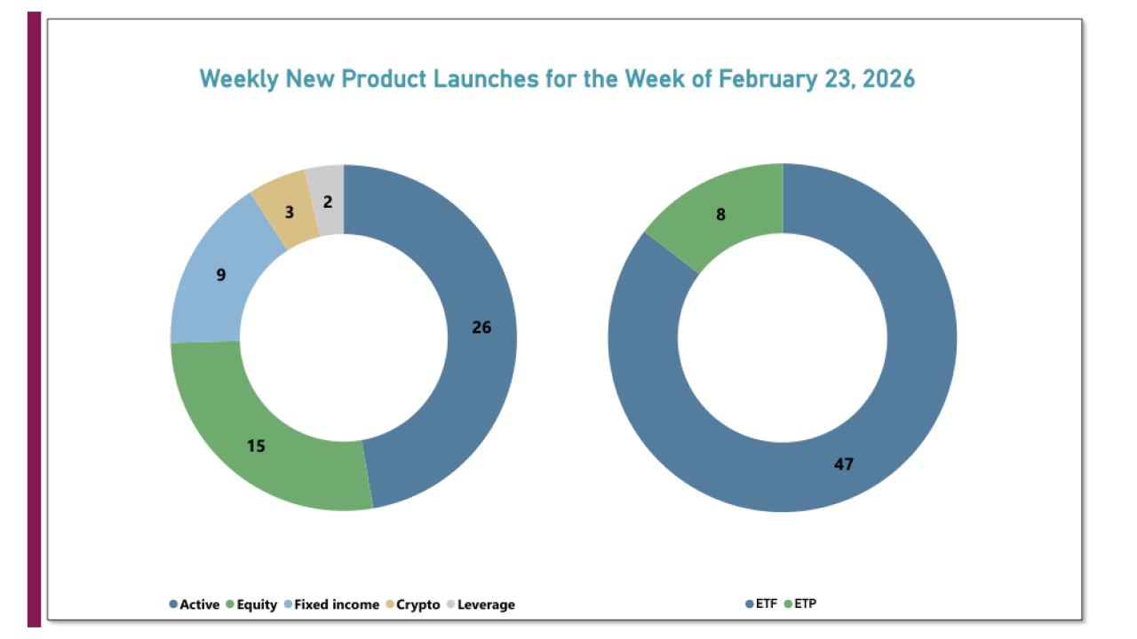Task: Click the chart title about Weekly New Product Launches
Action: tap(557, 79)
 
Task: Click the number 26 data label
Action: tap(481, 327)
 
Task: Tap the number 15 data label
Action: tap(256, 446)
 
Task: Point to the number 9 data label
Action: tap(221, 275)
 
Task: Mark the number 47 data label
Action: tap(844, 463)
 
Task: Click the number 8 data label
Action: tap(720, 214)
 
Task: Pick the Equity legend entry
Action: tap(257, 604)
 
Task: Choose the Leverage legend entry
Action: tap(485, 604)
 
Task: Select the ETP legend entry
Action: tap(805, 604)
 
